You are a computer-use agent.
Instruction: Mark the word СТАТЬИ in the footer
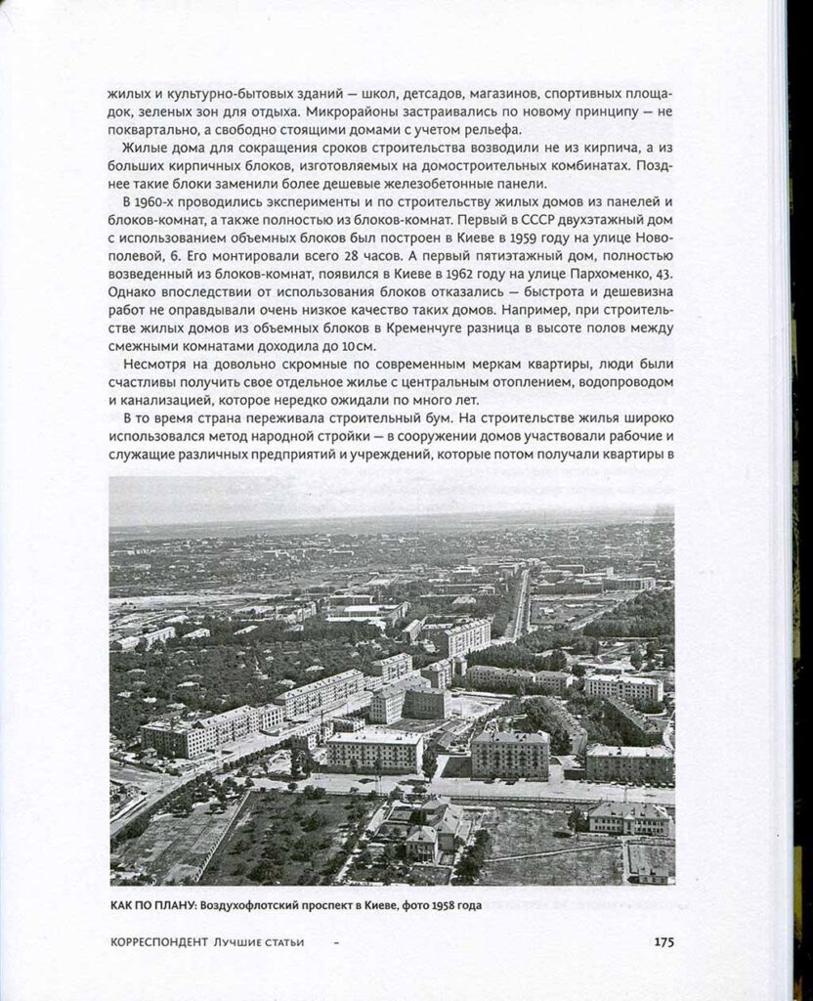(x=279, y=942)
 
